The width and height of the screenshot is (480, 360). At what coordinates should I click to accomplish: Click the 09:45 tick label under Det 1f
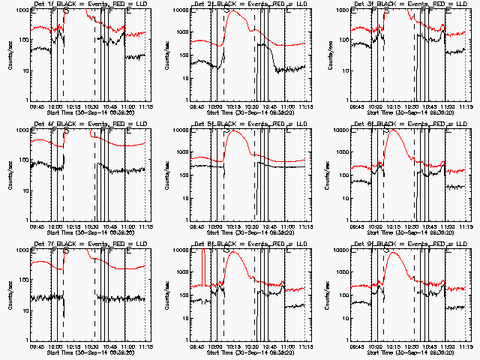(x=37, y=106)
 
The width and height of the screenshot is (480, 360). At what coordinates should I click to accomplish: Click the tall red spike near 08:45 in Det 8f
(x=203, y=259)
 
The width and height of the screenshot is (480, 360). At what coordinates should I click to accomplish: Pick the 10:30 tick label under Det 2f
(x=250, y=106)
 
